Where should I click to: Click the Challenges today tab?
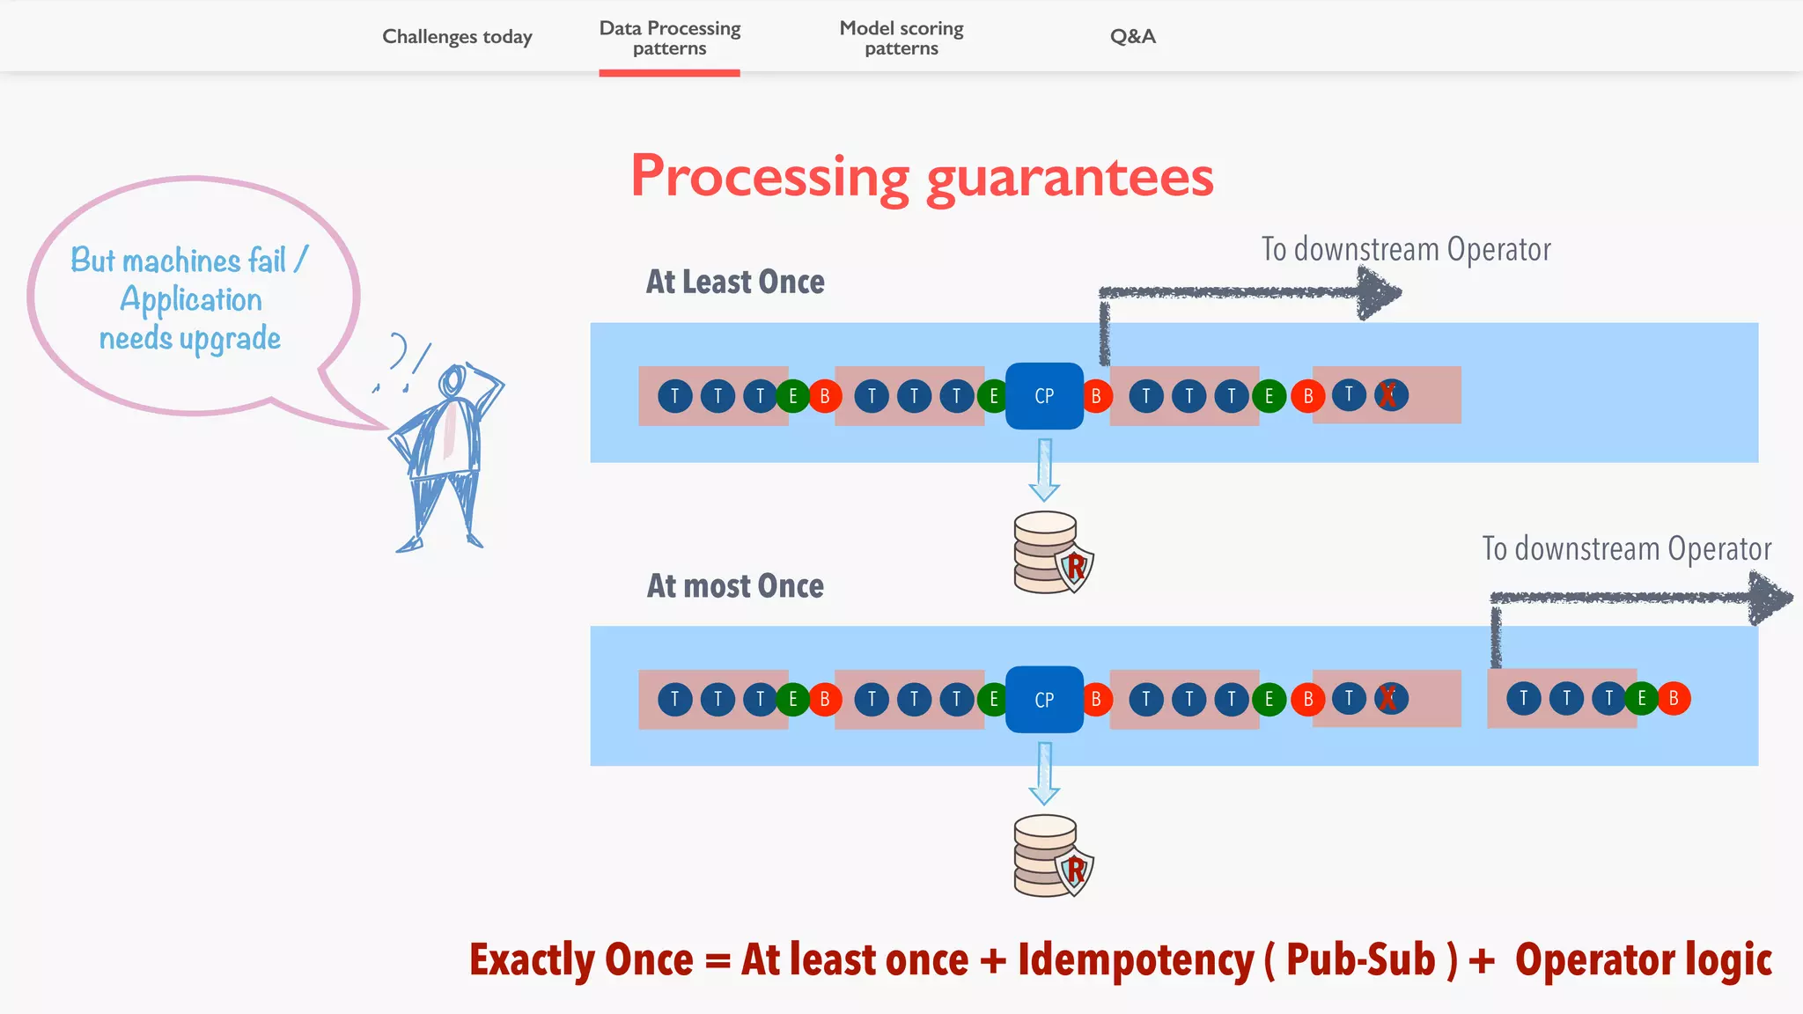457,37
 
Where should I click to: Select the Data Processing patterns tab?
669,38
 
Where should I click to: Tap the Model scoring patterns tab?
901,38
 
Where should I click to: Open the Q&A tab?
1132,37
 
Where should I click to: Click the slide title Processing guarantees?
922,177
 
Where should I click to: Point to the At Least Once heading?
735,282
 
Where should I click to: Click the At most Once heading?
735,585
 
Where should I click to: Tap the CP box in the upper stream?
1044,396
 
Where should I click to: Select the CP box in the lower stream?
1044,700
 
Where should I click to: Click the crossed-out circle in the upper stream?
1389,395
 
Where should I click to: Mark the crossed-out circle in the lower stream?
1389,699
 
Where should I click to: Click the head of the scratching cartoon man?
453,382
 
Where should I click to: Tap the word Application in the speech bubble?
191,299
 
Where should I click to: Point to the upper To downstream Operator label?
1405,249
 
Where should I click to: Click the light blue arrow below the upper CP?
1044,470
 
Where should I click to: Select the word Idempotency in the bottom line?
1135,959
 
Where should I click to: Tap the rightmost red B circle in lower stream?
1673,699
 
